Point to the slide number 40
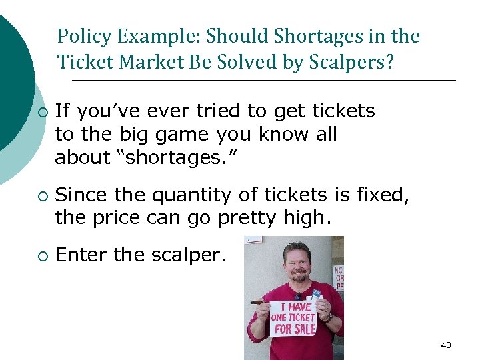[x=446, y=345]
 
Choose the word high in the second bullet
[x=309, y=218]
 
